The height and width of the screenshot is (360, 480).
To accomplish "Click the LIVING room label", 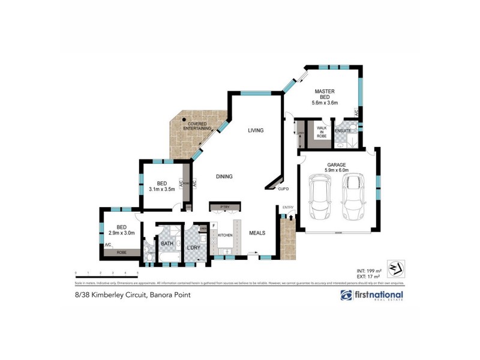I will click(x=256, y=130).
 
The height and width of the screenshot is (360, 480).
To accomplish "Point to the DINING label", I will click(x=224, y=176).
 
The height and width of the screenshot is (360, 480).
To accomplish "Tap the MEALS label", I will click(x=257, y=233).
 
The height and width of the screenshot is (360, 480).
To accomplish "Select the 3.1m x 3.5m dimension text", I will click(x=161, y=190).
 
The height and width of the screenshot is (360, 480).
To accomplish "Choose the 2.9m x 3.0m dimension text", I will click(x=122, y=233).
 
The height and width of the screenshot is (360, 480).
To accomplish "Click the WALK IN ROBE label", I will click(x=322, y=131).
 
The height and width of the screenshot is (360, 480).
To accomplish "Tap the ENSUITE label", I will click(x=343, y=131).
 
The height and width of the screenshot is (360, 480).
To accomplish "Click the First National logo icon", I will click(x=346, y=295).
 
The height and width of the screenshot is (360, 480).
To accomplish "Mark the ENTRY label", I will click(x=289, y=208).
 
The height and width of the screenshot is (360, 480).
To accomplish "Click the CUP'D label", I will click(x=284, y=189).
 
